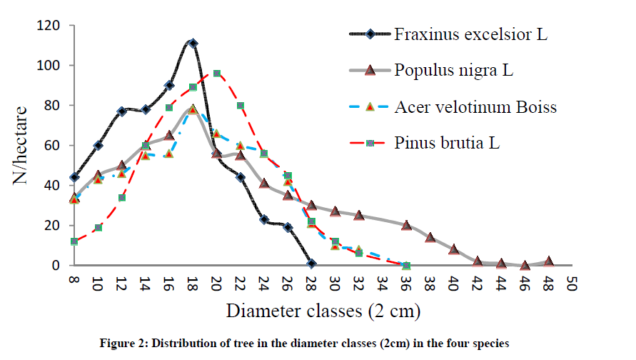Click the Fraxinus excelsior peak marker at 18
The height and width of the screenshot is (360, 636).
tap(193, 44)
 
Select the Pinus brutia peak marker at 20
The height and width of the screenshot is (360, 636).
tap(216, 74)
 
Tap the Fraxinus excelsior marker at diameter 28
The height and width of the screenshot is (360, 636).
tap(311, 264)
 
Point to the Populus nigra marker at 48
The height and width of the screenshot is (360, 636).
tap(548, 261)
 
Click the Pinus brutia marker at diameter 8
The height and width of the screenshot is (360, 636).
tap(74, 241)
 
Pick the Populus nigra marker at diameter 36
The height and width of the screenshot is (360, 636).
tap(406, 226)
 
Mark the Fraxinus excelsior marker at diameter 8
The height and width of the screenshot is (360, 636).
tap(74, 177)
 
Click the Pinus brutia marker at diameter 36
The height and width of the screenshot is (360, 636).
tap(406, 265)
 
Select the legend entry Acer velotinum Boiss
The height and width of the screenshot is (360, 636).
tap(475, 106)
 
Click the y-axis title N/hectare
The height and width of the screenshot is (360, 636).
tap(22, 145)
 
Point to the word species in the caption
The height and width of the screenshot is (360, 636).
tap(492, 344)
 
